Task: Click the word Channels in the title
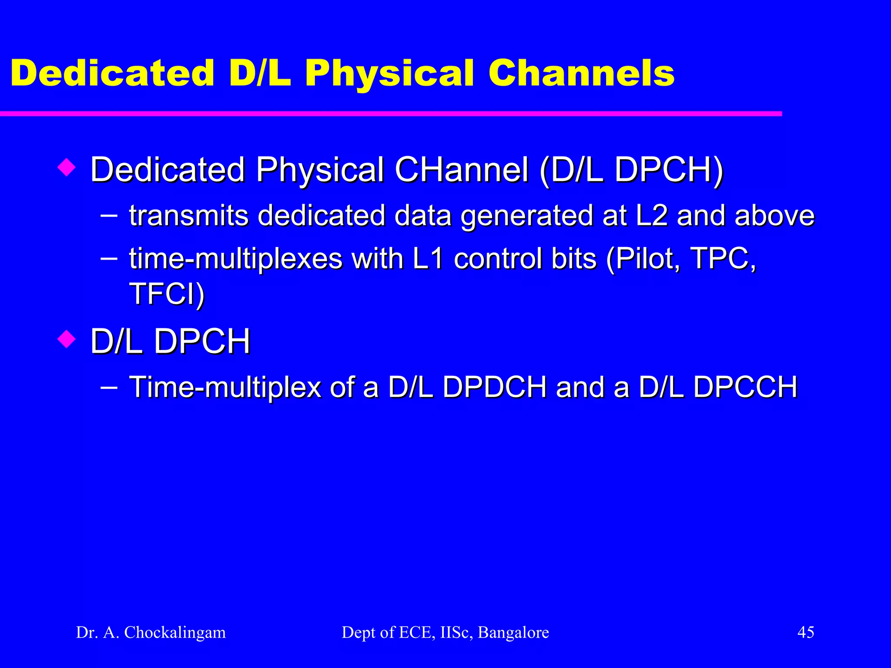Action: coord(581,73)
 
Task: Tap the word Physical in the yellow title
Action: coord(389,74)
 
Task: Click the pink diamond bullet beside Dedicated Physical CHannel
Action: coord(67,167)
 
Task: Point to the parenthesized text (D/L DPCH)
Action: coord(631,170)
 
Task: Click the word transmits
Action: coord(189,216)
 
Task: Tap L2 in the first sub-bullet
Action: coord(651,216)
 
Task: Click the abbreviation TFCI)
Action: coord(167,294)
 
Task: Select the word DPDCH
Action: coord(494,387)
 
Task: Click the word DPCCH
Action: coord(745,387)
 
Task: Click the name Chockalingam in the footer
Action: coord(175,632)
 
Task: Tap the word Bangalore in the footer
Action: coord(513,632)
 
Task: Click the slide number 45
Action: coord(805,632)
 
